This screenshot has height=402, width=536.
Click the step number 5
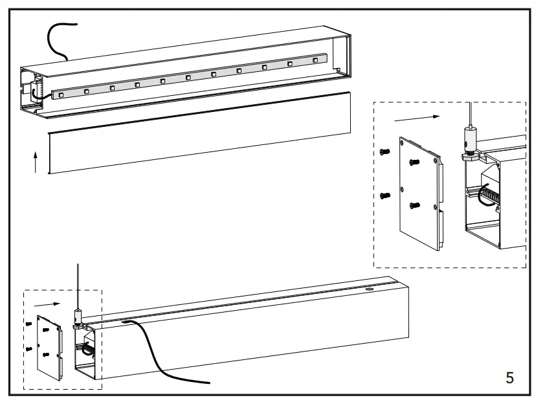pyautogui.click(x=509, y=377)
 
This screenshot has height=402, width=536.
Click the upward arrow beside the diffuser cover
pyautogui.click(x=35, y=162)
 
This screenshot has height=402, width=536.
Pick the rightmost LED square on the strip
pyautogui.click(x=315, y=61)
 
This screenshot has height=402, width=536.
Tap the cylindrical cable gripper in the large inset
pyautogui.click(x=469, y=138)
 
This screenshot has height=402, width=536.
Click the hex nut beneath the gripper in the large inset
pyautogui.click(x=470, y=155)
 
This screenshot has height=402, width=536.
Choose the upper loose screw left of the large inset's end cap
pyautogui.click(x=385, y=151)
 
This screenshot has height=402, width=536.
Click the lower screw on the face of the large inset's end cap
pyautogui.click(x=416, y=205)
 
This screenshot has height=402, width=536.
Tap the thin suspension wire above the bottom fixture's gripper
pyautogui.click(x=76, y=285)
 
